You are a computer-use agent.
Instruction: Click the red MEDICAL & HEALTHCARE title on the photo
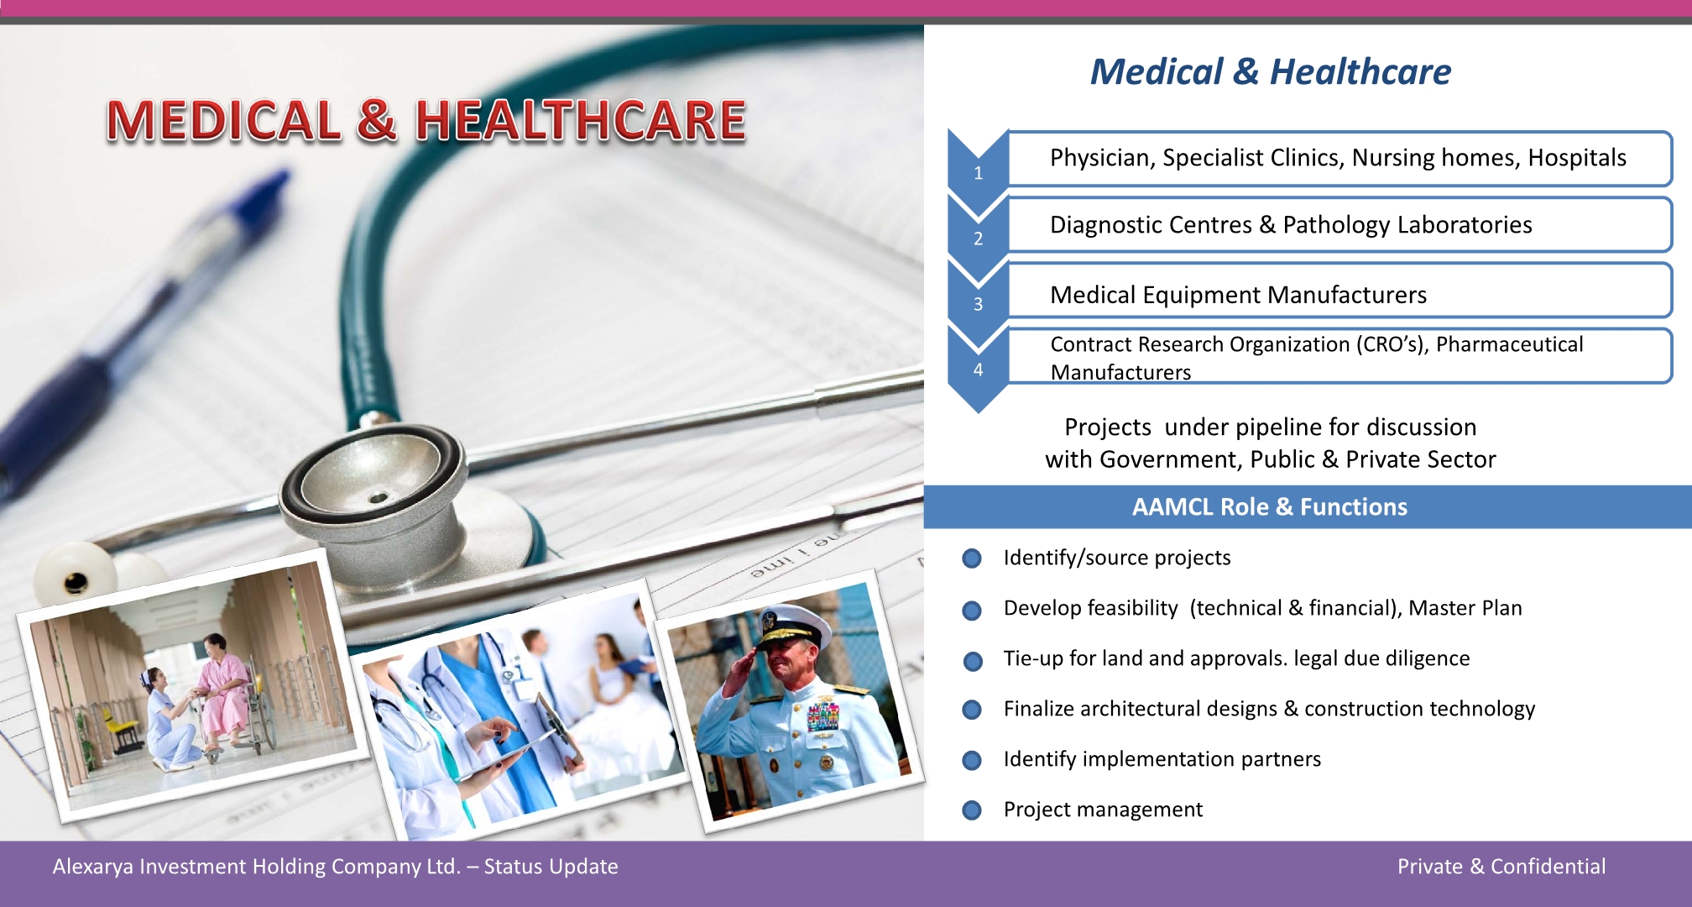(x=426, y=120)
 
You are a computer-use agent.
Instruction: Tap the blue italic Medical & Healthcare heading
(x=1271, y=71)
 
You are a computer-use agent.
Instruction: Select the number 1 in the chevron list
(x=978, y=173)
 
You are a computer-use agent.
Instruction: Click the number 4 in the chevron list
(x=978, y=370)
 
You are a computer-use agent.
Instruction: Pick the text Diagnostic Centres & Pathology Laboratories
(x=1291, y=225)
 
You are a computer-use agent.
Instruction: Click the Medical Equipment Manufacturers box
(x=1339, y=291)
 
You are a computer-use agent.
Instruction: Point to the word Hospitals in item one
(x=1577, y=158)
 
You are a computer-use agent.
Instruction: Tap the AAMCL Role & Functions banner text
(x=1270, y=507)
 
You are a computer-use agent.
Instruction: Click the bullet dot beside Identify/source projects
(x=972, y=558)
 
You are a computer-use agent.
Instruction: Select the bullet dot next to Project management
(x=972, y=810)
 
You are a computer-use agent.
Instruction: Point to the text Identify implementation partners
(x=1162, y=759)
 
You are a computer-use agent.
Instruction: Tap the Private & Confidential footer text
(x=1501, y=867)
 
